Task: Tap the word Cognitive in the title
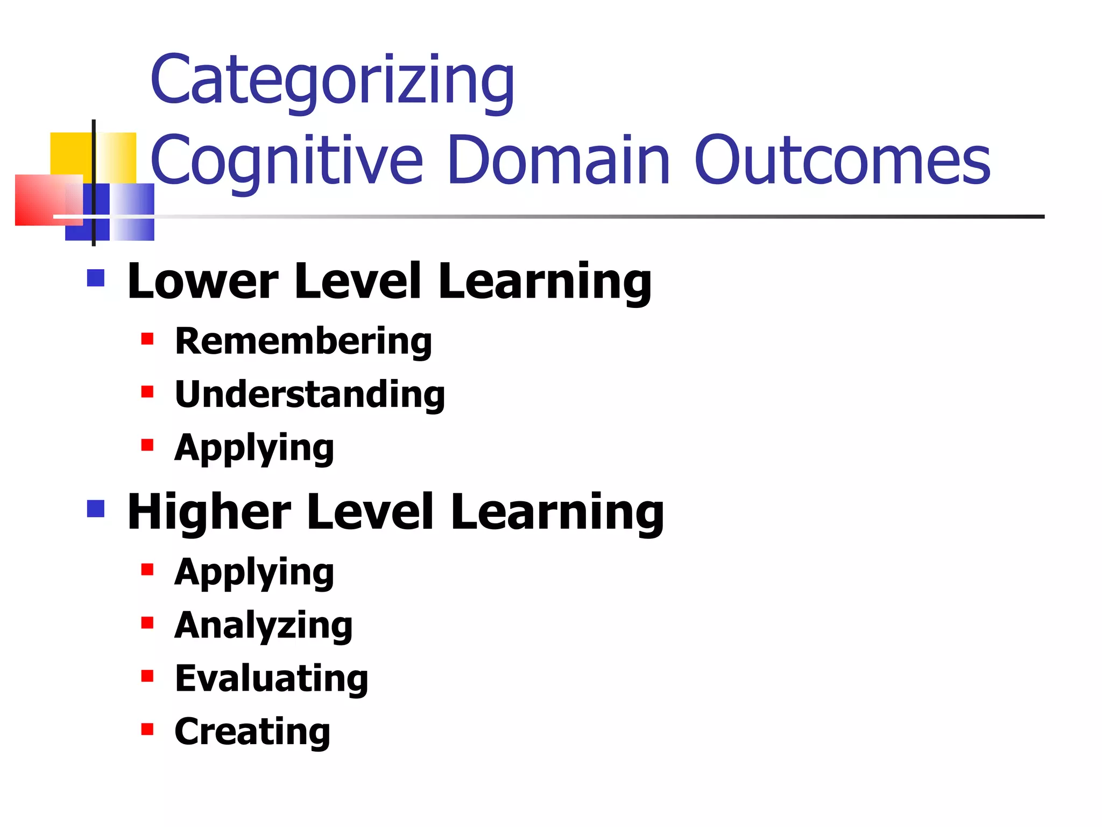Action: click(x=287, y=160)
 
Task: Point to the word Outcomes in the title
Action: click(x=842, y=160)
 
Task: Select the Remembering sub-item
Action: click(x=303, y=341)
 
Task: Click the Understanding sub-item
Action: click(x=310, y=394)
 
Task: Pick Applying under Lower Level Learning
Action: click(x=254, y=448)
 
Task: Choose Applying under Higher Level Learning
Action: click(x=254, y=572)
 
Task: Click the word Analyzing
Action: click(x=264, y=626)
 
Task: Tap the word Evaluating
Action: click(x=272, y=678)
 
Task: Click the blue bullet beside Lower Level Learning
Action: click(x=96, y=278)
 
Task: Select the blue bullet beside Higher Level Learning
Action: click(x=96, y=508)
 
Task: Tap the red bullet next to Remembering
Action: click(x=147, y=339)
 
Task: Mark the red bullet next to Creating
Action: click(x=147, y=729)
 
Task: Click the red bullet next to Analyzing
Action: click(x=147, y=623)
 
